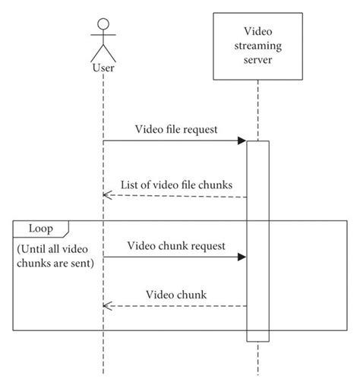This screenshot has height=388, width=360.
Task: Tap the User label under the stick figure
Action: [103, 68]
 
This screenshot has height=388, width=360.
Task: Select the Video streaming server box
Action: [258, 45]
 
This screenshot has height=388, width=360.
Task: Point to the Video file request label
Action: [176, 129]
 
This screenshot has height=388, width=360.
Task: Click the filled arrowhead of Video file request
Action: [242, 140]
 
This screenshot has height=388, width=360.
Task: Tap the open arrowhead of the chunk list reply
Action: [107, 197]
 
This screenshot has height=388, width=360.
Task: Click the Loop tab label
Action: [40, 228]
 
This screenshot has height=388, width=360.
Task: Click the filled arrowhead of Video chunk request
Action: [242, 257]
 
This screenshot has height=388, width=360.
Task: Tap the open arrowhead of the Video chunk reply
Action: [107, 306]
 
